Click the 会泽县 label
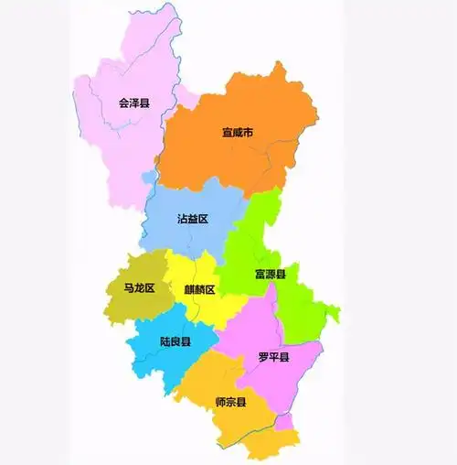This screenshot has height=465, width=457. click(134, 103)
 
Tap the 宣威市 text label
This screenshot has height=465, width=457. click(238, 135)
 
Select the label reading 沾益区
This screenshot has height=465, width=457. click(193, 220)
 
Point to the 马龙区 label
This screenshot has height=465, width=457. click(140, 288)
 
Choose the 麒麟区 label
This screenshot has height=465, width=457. click(199, 290)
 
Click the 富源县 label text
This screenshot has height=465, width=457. click(271, 275)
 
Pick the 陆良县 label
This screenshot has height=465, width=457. click(175, 341)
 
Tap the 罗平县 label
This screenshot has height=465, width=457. click(273, 357)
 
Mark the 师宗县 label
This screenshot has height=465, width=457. click(230, 402)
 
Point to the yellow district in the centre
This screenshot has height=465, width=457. click(197, 311)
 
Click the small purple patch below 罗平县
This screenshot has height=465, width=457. click(286, 422)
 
